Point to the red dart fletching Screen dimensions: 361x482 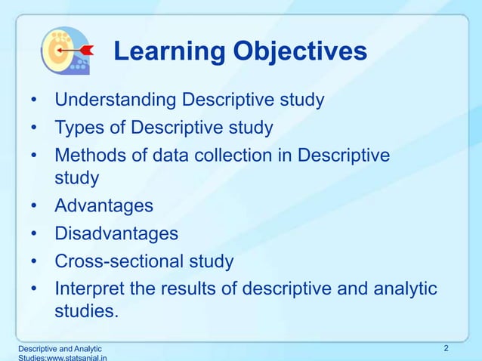pos(87,49)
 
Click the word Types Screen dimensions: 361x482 pos(79,127)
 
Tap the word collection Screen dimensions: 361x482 pos(253,155)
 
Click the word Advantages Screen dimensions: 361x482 pos(104,205)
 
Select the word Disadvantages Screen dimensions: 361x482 pos(116,233)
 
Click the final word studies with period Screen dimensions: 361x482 pos(87,311)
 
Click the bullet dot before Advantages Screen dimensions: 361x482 pos(34,206)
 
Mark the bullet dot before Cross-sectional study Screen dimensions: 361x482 pos(34,262)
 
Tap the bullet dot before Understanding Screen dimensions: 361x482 pos(34,100)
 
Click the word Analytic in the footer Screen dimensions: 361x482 pos(85,348)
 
